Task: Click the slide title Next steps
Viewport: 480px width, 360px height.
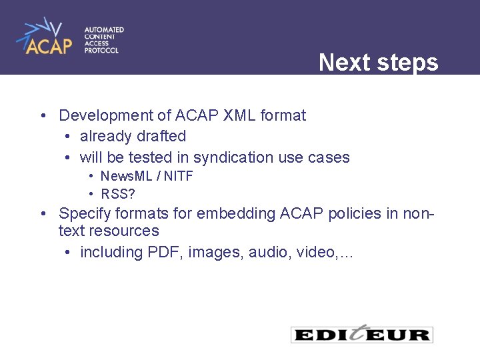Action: pyautogui.click(x=378, y=63)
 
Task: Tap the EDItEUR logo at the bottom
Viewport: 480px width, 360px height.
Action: pyautogui.click(x=362, y=334)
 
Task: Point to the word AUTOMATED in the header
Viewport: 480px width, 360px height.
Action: pyautogui.click(x=104, y=30)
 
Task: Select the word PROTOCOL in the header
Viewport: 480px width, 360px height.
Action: pyautogui.click(x=101, y=51)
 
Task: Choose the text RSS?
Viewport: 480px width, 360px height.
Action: pyautogui.click(x=118, y=195)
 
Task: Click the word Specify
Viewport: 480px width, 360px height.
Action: pyautogui.click(x=83, y=214)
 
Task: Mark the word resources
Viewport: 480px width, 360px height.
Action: pyautogui.click(x=126, y=231)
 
